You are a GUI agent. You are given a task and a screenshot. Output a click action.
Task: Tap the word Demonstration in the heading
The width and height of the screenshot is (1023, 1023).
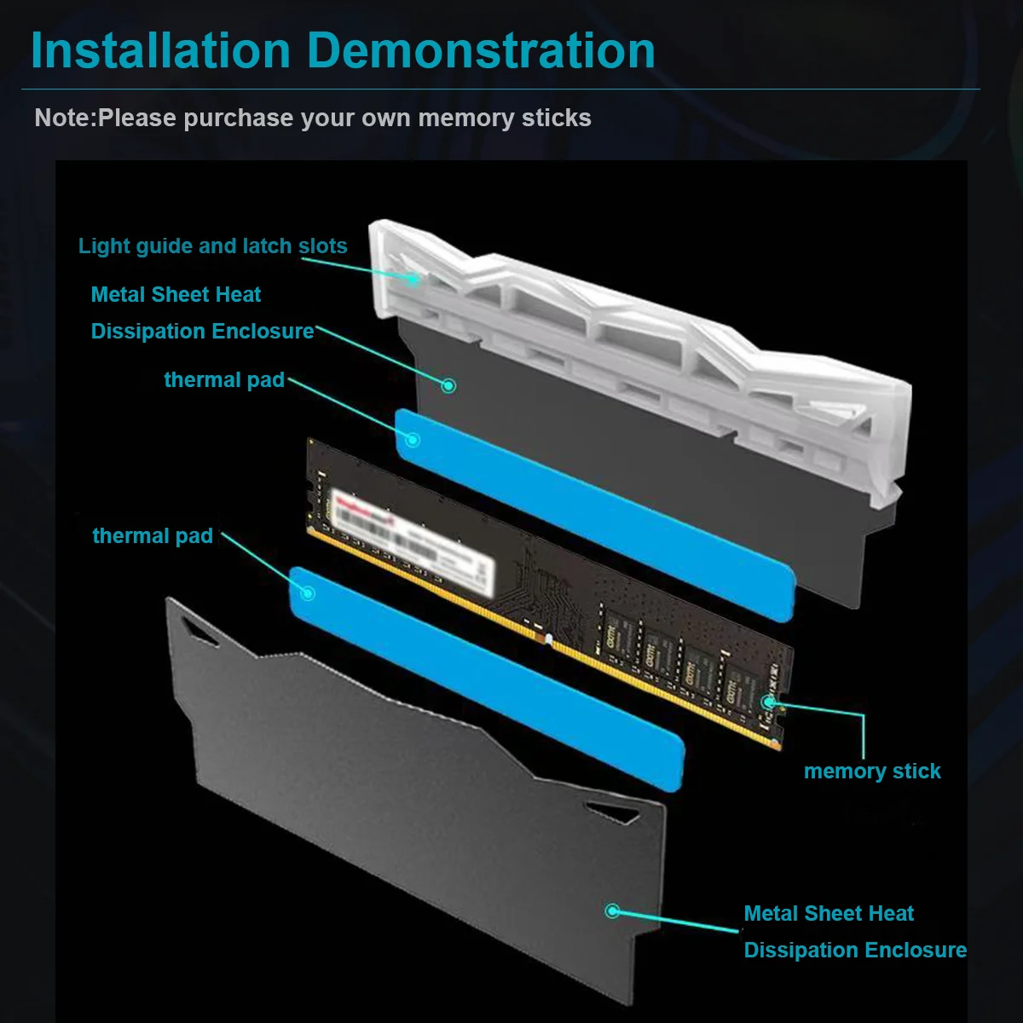[481, 51]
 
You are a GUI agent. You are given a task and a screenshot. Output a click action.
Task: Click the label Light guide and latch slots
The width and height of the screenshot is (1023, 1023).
[212, 246]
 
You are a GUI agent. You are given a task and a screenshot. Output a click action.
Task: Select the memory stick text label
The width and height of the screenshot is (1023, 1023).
[871, 772]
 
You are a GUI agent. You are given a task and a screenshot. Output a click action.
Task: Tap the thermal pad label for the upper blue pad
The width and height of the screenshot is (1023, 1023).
[224, 380]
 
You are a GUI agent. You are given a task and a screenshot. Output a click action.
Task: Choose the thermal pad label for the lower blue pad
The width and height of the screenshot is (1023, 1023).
[153, 536]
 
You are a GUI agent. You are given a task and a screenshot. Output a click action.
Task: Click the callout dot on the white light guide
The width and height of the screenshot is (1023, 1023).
[413, 277]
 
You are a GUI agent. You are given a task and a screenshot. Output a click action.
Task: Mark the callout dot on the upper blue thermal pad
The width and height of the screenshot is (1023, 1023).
[413, 440]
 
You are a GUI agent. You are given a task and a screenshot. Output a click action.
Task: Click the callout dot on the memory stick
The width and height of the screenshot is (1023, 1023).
[768, 702]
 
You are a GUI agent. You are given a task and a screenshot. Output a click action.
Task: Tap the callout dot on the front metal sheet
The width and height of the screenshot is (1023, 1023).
[611, 911]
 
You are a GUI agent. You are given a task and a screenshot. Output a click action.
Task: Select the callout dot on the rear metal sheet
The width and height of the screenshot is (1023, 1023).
[448, 385]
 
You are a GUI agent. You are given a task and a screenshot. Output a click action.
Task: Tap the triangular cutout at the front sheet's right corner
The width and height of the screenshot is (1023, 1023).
[614, 811]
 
